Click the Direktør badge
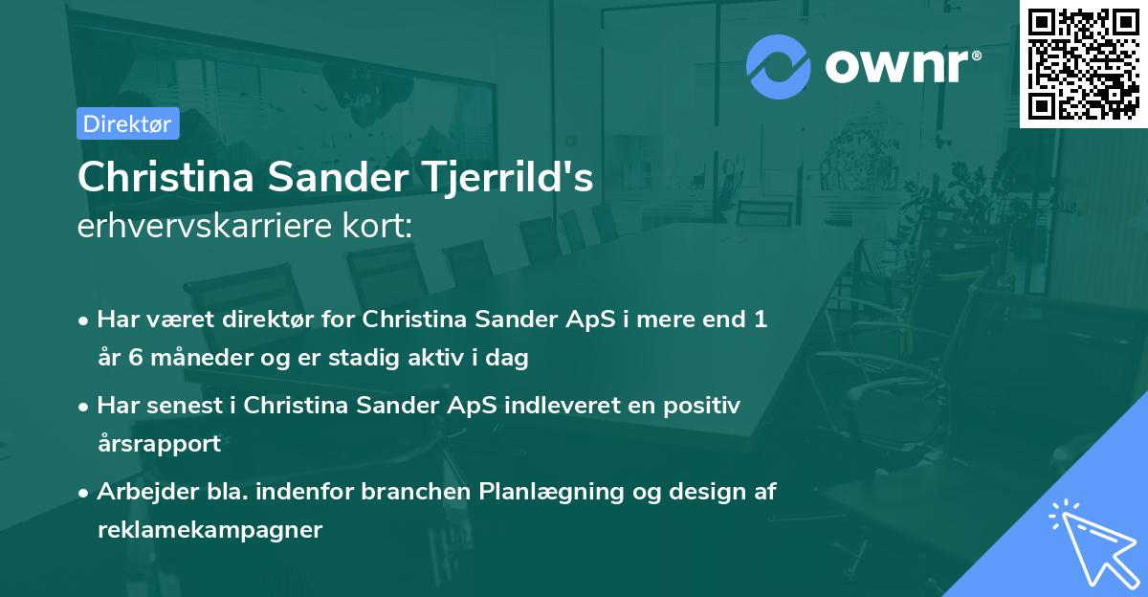point(127,123)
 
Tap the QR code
point(1083,63)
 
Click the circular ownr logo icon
point(778,67)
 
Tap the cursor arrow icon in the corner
point(1091,542)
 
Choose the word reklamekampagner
point(210,529)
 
